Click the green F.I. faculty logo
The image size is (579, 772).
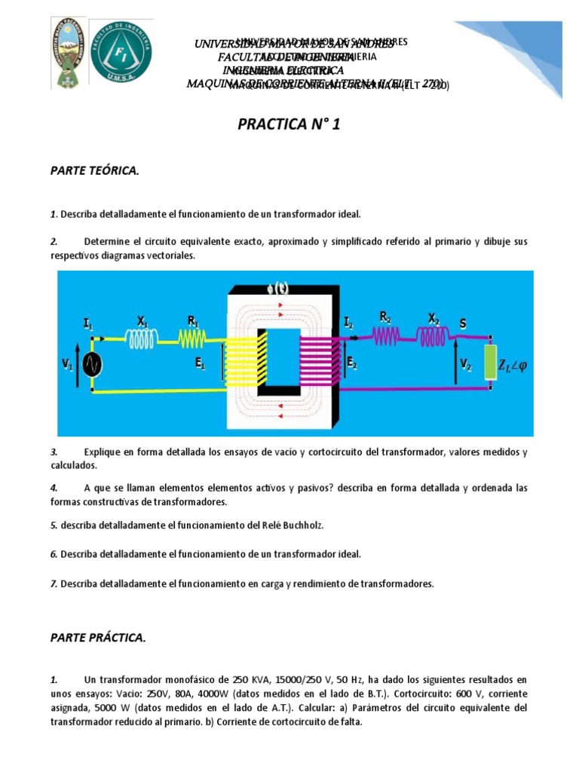click(121, 51)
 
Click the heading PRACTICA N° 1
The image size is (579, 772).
click(289, 124)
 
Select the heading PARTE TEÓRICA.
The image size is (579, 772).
click(94, 171)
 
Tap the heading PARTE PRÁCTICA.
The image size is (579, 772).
click(97, 638)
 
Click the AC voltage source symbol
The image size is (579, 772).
click(93, 365)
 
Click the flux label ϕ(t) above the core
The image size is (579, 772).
click(277, 286)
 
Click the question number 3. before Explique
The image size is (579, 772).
click(54, 452)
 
